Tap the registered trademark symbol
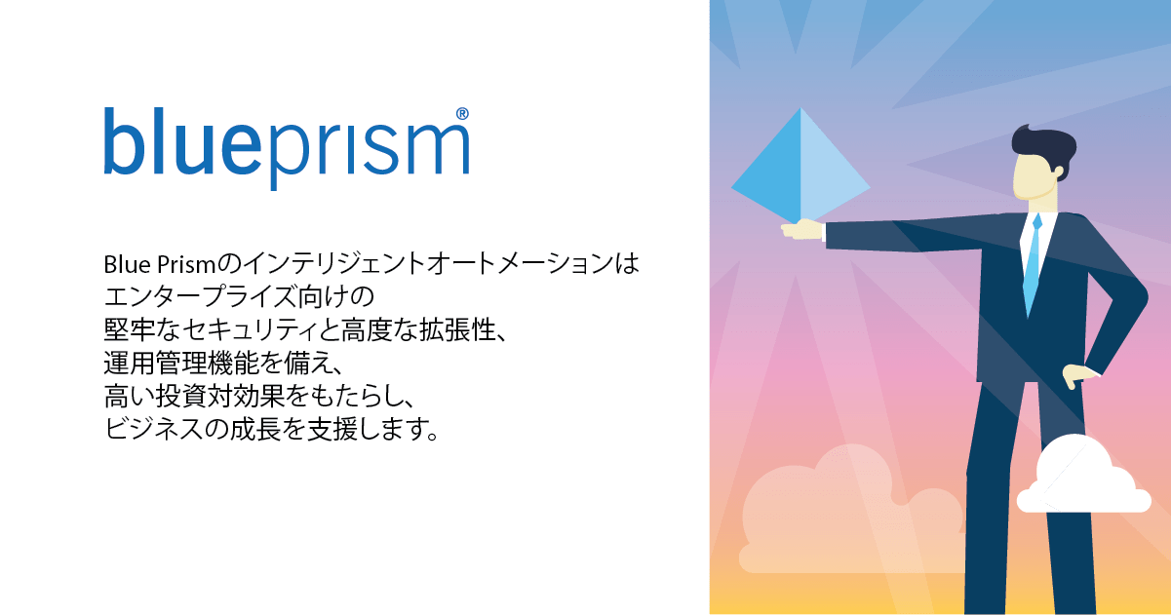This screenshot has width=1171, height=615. [x=462, y=114]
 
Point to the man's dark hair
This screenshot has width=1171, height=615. [x=1043, y=146]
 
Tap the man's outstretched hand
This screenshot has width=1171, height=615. [x=802, y=229]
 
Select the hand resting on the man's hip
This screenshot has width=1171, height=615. [x=1077, y=376]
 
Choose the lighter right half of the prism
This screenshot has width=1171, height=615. [x=829, y=175]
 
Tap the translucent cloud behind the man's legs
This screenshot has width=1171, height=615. [x=829, y=517]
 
